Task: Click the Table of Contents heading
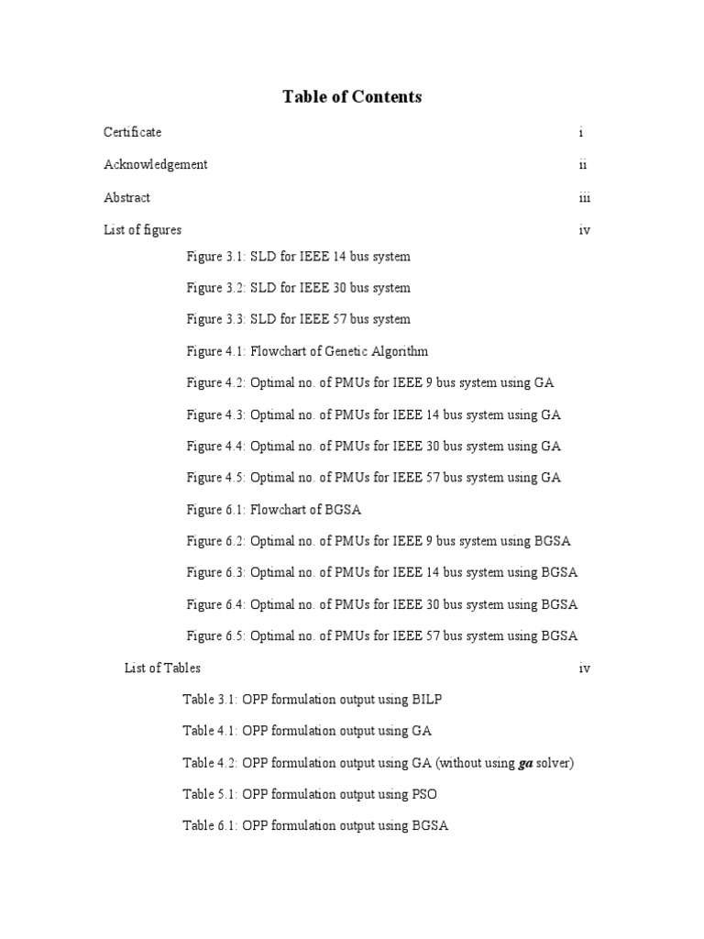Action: click(352, 96)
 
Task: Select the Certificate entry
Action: click(132, 132)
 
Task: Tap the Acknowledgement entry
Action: click(155, 165)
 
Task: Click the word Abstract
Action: click(126, 198)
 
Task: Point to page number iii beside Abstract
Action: click(584, 198)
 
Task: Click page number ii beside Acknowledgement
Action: click(583, 165)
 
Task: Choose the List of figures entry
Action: click(142, 230)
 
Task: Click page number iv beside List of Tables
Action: click(584, 668)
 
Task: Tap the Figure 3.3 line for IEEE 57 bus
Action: click(298, 320)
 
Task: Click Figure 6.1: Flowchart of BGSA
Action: click(280, 510)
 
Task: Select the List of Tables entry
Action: click(162, 668)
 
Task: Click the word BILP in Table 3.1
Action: click(426, 700)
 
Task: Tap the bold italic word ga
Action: click(525, 764)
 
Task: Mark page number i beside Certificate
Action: click(581, 132)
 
